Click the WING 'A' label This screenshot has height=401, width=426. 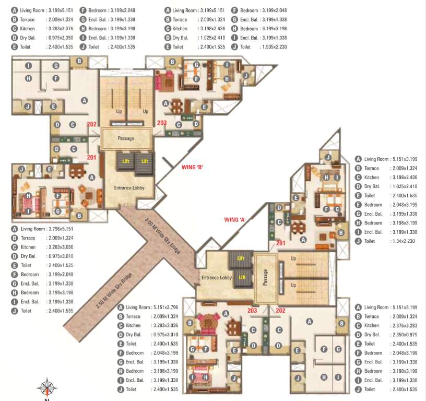coord(235,219)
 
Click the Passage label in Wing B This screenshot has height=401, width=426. coord(126,138)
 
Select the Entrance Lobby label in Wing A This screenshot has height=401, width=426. coord(216,278)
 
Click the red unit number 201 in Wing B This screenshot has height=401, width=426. coord(91,157)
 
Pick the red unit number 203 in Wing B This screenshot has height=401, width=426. coord(161,123)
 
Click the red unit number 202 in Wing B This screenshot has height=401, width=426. coord(92,124)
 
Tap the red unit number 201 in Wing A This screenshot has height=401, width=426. coord(280,242)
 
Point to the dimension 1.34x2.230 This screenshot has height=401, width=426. coord(402,241)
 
